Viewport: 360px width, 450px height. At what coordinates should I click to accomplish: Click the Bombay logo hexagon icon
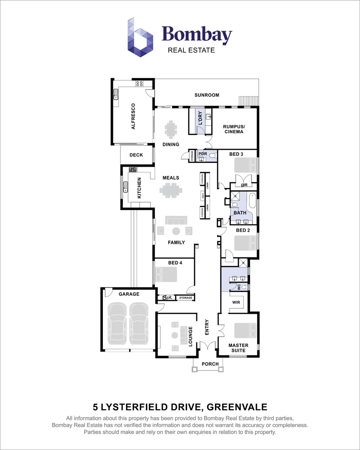[x=140, y=37]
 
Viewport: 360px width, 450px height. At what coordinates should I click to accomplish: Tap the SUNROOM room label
[x=207, y=95]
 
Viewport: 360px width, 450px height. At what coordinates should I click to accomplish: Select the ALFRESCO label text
[x=133, y=116]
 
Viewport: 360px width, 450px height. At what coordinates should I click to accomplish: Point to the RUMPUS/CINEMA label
[x=233, y=129]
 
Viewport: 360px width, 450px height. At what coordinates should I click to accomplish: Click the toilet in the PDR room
[x=212, y=156]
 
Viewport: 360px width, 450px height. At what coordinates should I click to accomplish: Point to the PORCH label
[x=210, y=364]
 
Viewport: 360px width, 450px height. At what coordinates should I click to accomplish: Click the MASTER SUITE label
[x=238, y=348]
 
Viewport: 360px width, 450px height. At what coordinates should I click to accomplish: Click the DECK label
[x=136, y=155]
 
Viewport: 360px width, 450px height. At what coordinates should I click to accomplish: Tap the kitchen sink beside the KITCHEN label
[x=125, y=187]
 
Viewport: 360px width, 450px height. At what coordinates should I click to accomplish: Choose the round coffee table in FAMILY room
[x=176, y=231]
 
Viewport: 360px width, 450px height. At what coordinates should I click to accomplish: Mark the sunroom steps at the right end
[x=247, y=101]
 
